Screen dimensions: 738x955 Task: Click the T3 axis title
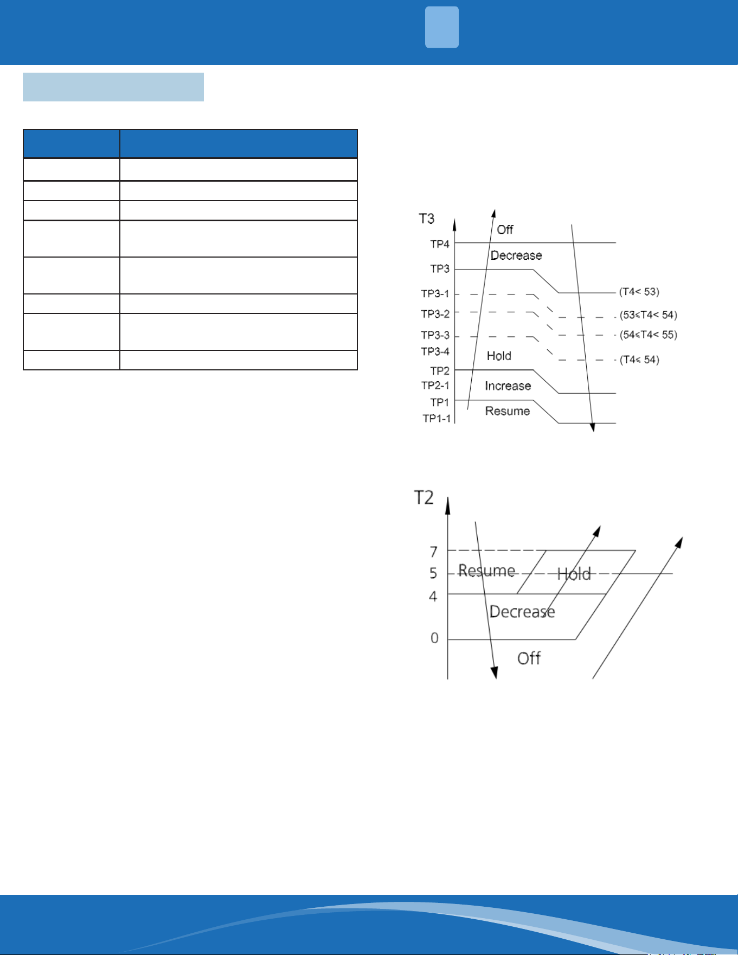tap(427, 219)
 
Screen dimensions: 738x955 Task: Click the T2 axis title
tap(424, 497)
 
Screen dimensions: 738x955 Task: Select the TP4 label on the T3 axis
tap(440, 245)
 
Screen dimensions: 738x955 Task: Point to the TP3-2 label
tap(435, 314)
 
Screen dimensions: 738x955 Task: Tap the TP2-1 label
tap(435, 386)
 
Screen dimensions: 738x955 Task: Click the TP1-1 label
tap(437, 419)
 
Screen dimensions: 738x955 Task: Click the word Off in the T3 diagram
tap(505, 230)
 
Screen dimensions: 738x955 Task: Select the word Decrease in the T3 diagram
tap(516, 255)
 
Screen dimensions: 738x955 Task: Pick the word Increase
tap(508, 386)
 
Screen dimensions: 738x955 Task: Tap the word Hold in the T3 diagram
tap(499, 356)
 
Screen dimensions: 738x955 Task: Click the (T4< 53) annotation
tap(639, 292)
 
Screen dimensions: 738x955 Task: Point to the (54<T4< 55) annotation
tap(649, 335)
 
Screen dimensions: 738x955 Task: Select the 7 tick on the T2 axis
tap(434, 552)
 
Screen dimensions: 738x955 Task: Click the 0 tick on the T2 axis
tap(434, 638)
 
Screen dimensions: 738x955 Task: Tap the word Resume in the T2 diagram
tap(486, 571)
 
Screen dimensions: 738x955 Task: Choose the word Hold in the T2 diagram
tap(574, 574)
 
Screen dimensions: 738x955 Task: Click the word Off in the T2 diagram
tap(529, 658)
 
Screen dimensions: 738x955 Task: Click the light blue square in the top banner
tap(442, 27)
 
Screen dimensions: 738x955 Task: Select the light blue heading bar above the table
tap(113, 87)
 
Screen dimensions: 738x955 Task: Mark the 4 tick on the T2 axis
tap(433, 597)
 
